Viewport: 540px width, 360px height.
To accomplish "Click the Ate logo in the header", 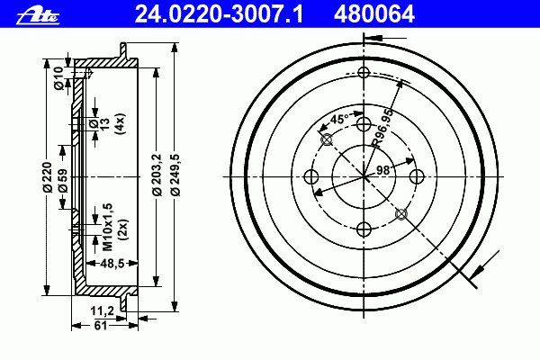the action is click(x=38, y=15).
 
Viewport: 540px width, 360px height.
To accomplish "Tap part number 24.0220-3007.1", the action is click(x=219, y=14).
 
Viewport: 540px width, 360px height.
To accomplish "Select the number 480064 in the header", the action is click(x=374, y=14).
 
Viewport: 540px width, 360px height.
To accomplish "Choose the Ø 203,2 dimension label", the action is click(x=157, y=174).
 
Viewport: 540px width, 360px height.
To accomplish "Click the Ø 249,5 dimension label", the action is click(x=175, y=175).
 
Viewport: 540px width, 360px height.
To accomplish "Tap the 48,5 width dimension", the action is click(x=112, y=264).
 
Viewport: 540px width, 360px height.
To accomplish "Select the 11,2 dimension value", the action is click(x=102, y=311).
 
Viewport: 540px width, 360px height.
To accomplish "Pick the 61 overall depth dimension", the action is click(x=101, y=325).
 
